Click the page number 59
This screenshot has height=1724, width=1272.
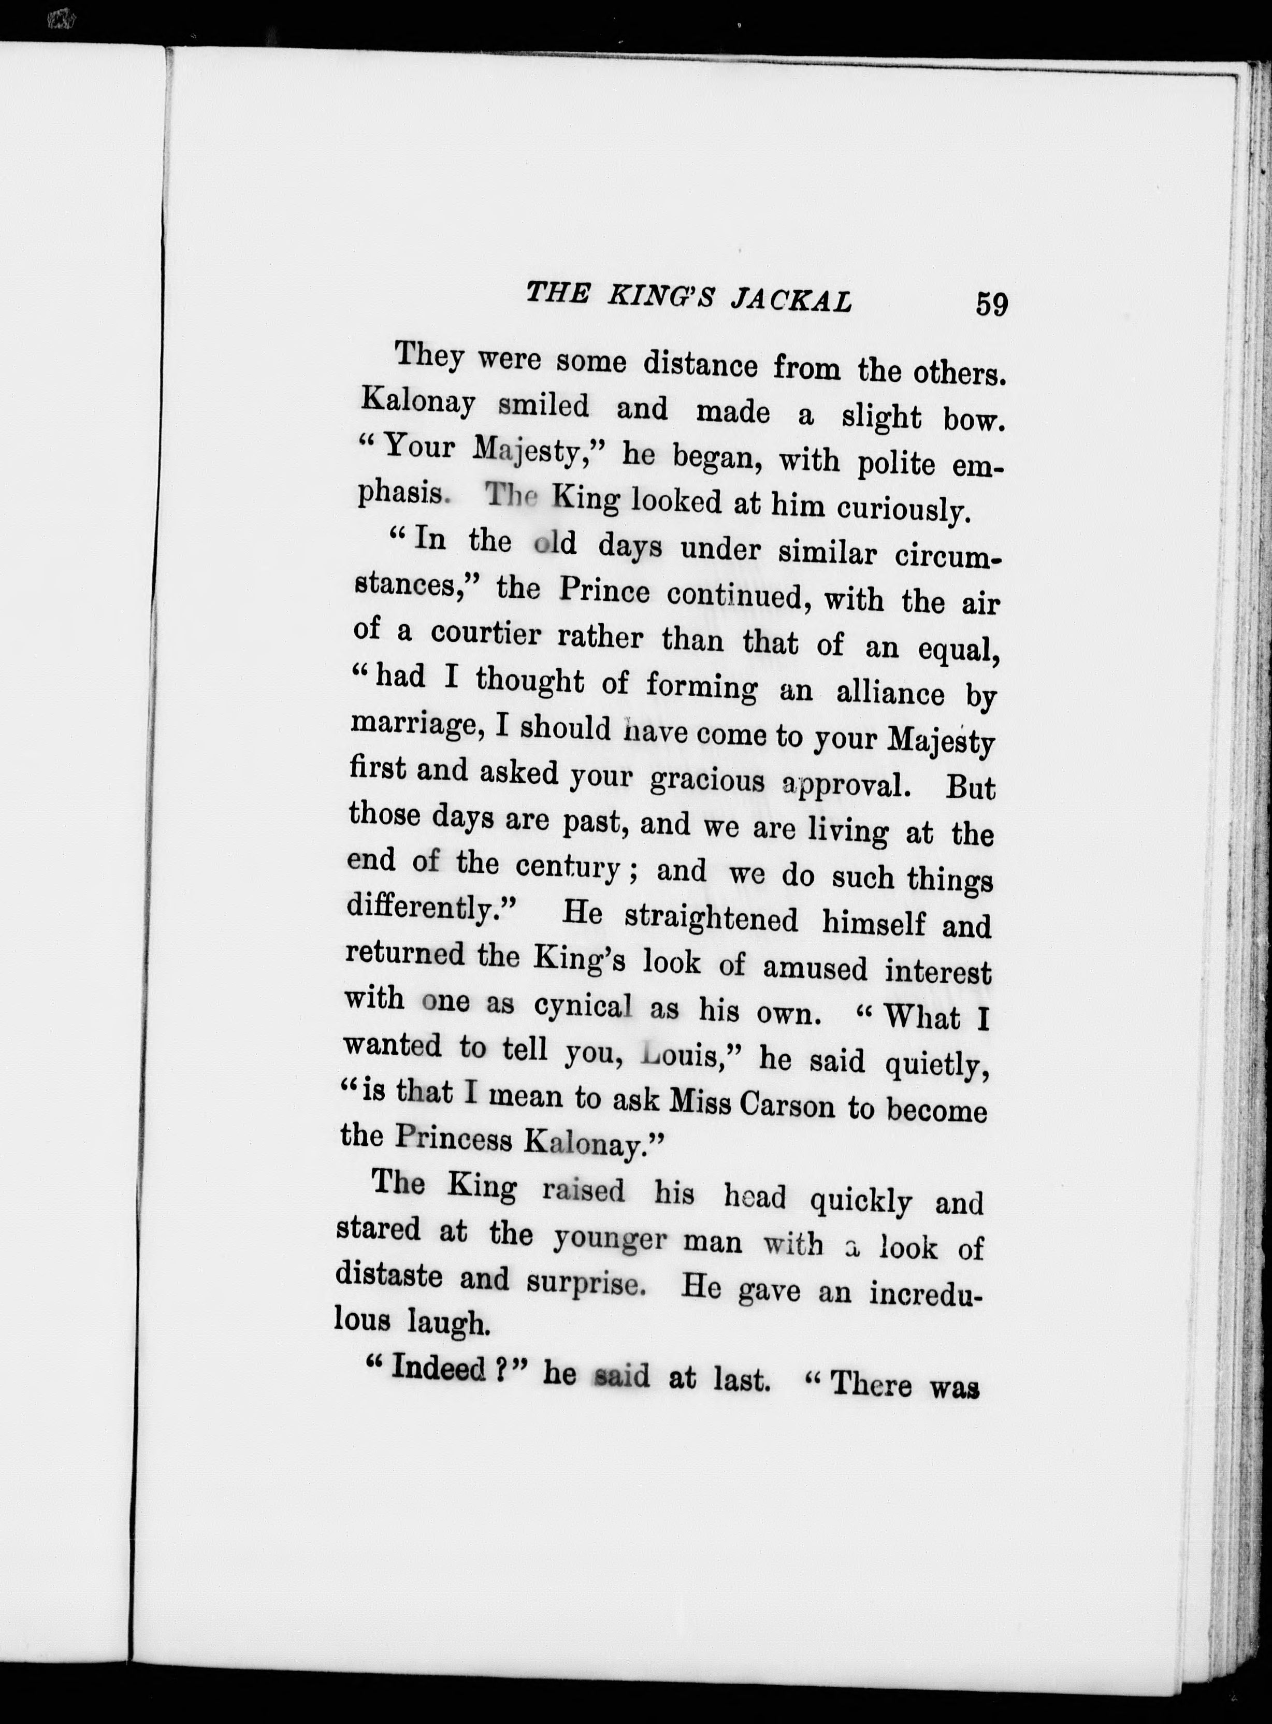click(991, 304)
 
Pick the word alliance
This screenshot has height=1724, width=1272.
click(889, 693)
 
